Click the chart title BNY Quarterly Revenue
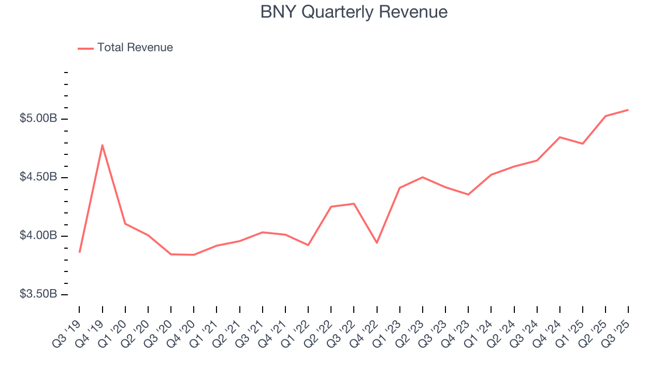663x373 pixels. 354,12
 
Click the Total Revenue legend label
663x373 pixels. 135,48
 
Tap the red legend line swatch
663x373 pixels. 85,48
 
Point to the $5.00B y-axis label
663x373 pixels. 38,119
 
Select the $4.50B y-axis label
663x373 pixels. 38,177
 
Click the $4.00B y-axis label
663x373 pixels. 38,236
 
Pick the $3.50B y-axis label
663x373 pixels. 38,294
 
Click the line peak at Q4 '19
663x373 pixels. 103,145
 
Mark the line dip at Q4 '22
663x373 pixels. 377,243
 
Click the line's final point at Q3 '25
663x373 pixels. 628,110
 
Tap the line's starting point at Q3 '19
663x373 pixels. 79,252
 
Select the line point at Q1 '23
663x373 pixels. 399,188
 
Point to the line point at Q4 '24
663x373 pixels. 560,137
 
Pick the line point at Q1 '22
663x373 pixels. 308,245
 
